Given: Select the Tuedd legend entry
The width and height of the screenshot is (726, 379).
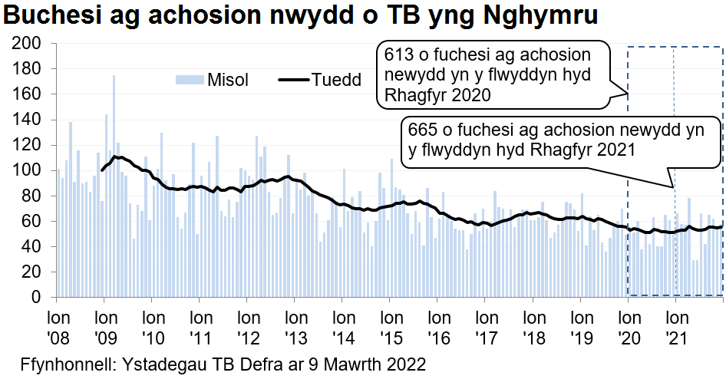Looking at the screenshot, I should point(335,81).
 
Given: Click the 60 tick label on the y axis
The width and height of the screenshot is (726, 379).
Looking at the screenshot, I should point(31,221).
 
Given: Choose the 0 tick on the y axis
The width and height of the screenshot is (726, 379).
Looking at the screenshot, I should point(35,297).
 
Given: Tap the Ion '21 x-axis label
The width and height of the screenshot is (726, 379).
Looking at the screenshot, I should point(675,326).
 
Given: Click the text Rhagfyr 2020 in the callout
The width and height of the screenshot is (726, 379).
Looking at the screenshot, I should point(434,95).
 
